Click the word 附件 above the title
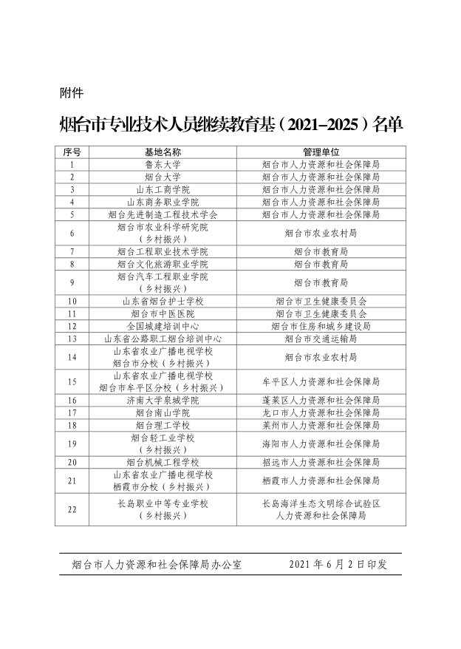coord(70,93)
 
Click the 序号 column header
coord(72,152)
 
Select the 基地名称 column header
coord(163,152)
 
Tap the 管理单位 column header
coord(321,152)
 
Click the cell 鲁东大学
coord(163,165)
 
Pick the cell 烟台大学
coord(163,177)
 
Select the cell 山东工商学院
coord(163,190)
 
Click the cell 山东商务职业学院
coord(163,202)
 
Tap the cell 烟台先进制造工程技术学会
coord(163,214)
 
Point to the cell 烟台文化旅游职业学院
coord(163,264)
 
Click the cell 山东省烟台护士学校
coord(163,302)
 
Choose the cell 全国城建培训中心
coord(163,326)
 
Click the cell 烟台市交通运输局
coord(321,339)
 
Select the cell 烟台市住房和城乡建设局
coord(321,326)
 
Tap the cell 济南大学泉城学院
coord(163,400)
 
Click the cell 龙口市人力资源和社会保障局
coord(321,412)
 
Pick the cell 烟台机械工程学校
coord(163,462)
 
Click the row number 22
coord(72,509)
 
